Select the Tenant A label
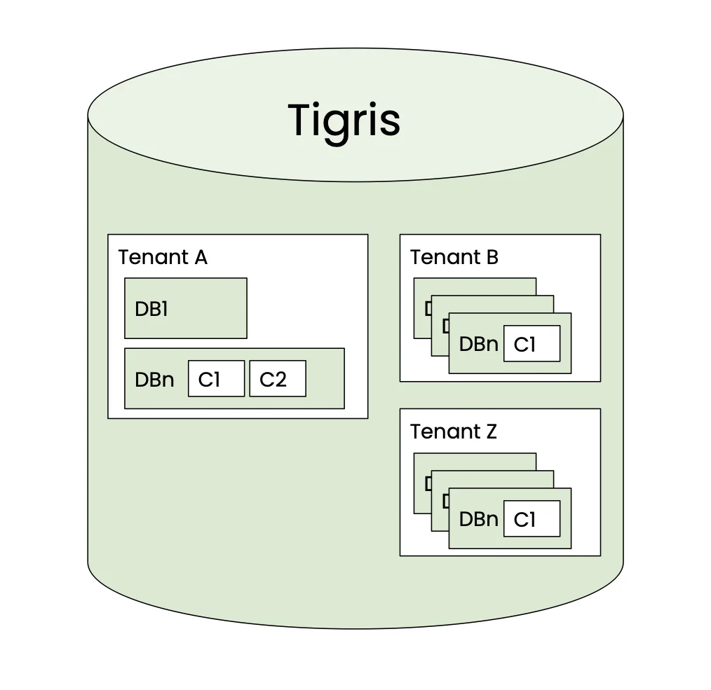coord(163,258)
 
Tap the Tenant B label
coord(454,258)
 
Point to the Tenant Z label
coord(453,432)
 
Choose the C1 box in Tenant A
coord(216,379)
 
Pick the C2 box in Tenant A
coord(278,379)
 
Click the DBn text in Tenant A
coord(154,380)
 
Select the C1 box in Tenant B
coord(531,344)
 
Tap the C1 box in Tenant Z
coord(531,519)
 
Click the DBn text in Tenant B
coord(478,345)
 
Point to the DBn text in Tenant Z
coord(478,520)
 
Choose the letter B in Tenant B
coord(492,258)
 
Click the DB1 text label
coord(151,309)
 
